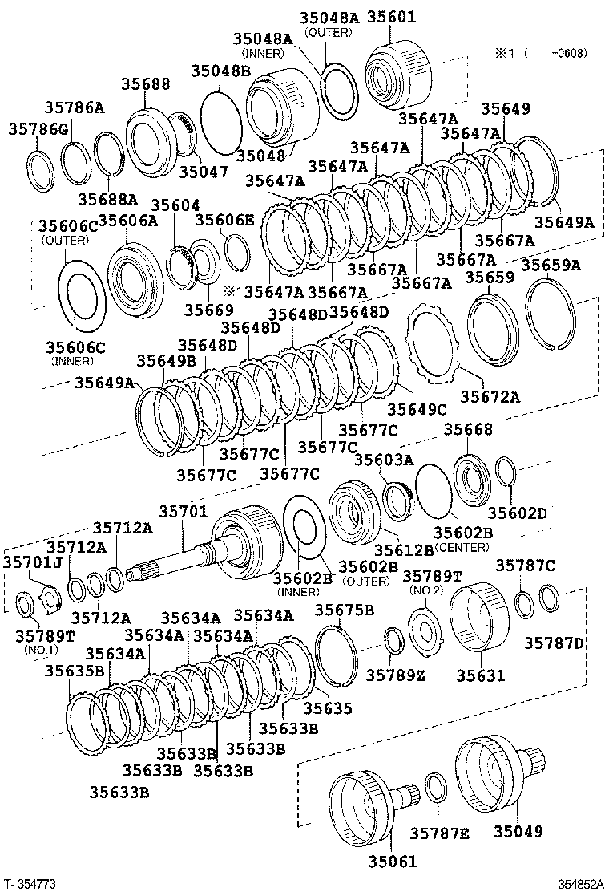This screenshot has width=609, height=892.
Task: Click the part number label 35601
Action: (x=391, y=17)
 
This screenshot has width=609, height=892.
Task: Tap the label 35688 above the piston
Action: (x=145, y=83)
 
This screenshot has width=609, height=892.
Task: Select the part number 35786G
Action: (x=38, y=129)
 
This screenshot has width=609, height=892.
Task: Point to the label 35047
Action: (x=204, y=171)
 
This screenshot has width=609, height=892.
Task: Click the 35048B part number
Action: (x=220, y=71)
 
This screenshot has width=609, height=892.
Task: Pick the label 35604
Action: (x=175, y=205)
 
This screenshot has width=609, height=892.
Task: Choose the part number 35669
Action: (x=208, y=310)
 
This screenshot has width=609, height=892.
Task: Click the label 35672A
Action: (x=490, y=396)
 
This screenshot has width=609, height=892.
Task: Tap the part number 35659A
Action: (x=551, y=265)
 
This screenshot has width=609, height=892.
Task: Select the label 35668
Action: (x=468, y=429)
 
